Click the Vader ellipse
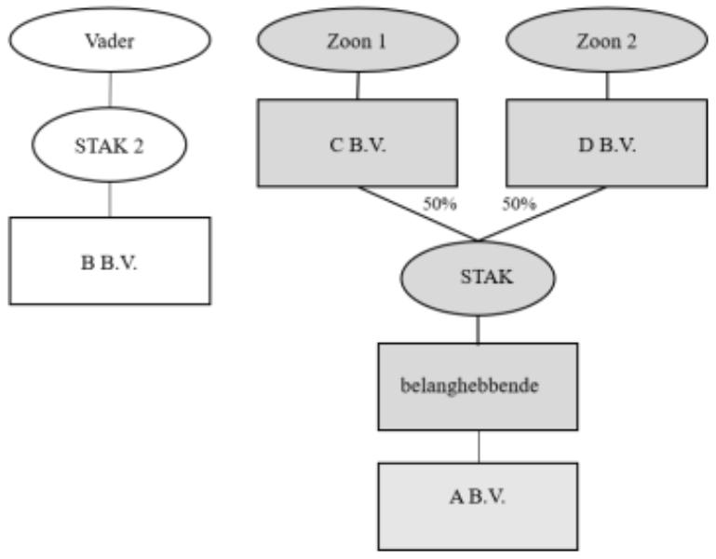[x=110, y=40]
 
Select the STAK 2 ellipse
[x=109, y=145]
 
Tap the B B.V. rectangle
[x=110, y=261]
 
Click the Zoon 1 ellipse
[x=358, y=40]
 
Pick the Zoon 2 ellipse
[x=607, y=40]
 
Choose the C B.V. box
[x=358, y=143]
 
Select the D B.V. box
[x=607, y=143]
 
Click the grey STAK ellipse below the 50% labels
[x=478, y=279]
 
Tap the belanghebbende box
[x=478, y=387]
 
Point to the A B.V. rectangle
[x=478, y=507]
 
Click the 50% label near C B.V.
[x=439, y=204]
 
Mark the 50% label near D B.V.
[x=520, y=204]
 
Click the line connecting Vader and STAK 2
[x=110, y=89]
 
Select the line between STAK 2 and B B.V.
[x=110, y=199]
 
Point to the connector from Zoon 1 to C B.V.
[x=358, y=86]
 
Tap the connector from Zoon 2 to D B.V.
[x=607, y=86]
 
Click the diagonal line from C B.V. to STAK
[x=418, y=213]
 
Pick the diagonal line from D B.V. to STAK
[x=542, y=213]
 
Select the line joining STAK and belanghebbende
[x=478, y=330]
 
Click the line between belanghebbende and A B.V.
[x=479, y=447]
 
